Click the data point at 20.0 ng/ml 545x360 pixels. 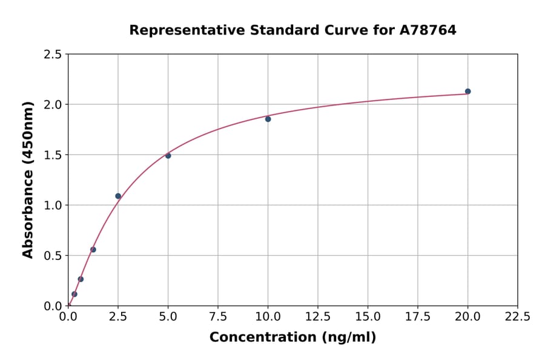pyautogui.click(x=467, y=92)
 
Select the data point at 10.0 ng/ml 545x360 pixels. pyautogui.click(x=268, y=119)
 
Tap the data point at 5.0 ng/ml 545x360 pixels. pyautogui.click(x=168, y=156)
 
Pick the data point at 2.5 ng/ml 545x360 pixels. pyautogui.click(x=118, y=196)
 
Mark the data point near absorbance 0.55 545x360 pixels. pyautogui.click(x=93, y=250)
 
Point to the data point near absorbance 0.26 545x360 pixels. pyautogui.click(x=81, y=279)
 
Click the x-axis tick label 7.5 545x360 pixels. pyautogui.click(x=218, y=316)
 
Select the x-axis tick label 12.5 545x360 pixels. pyautogui.click(x=318, y=316)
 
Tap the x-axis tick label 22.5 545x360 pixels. pyautogui.click(x=517, y=316)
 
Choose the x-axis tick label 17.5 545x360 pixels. pyautogui.click(x=418, y=316)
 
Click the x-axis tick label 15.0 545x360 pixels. pyautogui.click(x=368, y=316)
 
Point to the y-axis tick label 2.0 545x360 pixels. pyautogui.click(x=53, y=104)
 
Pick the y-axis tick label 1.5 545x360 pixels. pyautogui.click(x=53, y=155)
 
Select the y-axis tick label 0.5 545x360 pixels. pyautogui.click(x=53, y=255)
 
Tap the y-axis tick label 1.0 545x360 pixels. pyautogui.click(x=53, y=205)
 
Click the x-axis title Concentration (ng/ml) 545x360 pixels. pyautogui.click(x=292, y=338)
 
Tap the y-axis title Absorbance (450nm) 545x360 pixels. pyautogui.click(x=28, y=179)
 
